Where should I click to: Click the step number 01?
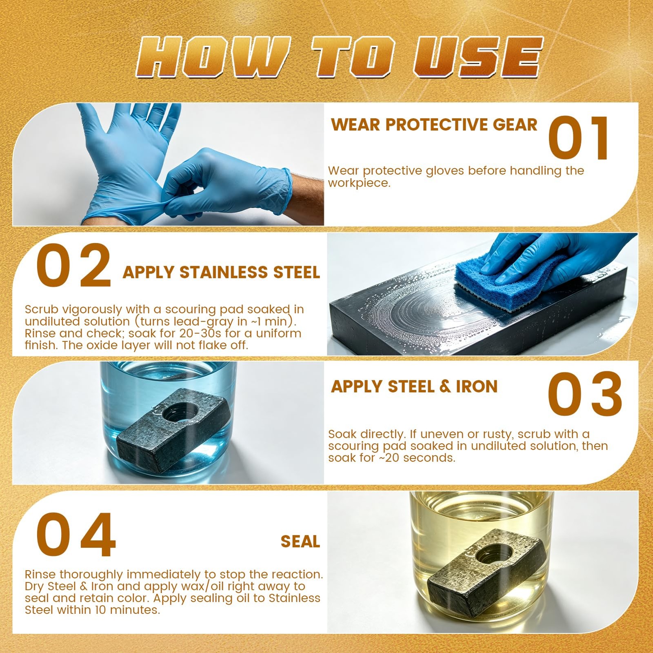(x=579, y=138)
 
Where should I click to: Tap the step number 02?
(x=73, y=266)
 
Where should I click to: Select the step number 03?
(x=585, y=394)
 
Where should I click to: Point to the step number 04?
(x=76, y=534)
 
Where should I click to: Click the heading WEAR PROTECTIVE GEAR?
(x=434, y=125)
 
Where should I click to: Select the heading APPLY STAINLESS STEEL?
(x=221, y=272)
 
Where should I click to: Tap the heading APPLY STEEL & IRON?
(x=414, y=386)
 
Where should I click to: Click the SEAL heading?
(x=300, y=542)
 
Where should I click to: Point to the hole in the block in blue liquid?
(x=180, y=413)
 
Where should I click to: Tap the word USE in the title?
(x=478, y=57)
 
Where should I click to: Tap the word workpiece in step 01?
(x=359, y=183)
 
